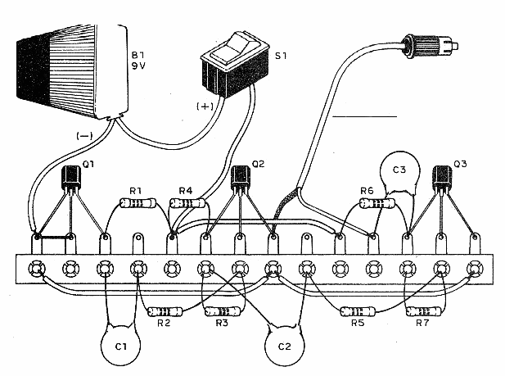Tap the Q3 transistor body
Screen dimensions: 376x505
[x=443, y=177]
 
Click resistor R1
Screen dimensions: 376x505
[x=137, y=203]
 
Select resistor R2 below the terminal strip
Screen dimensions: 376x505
[x=164, y=312]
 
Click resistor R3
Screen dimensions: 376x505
[x=221, y=312]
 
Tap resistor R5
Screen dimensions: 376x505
[x=358, y=311]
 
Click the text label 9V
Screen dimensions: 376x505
[x=138, y=69]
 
